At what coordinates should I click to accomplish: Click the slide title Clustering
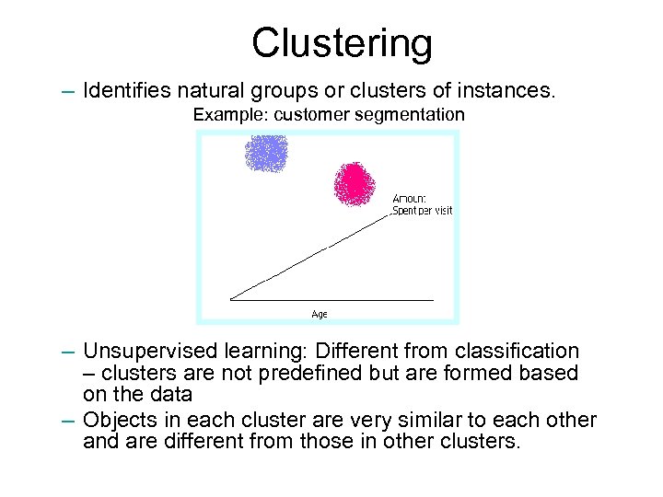pos(342,41)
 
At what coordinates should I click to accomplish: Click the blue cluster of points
pos(266,152)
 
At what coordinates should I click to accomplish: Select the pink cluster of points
pos(355,182)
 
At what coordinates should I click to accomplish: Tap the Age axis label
pos(319,315)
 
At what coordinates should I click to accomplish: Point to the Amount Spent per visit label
pos(423,204)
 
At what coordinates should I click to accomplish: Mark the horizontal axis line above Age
pos(331,300)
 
